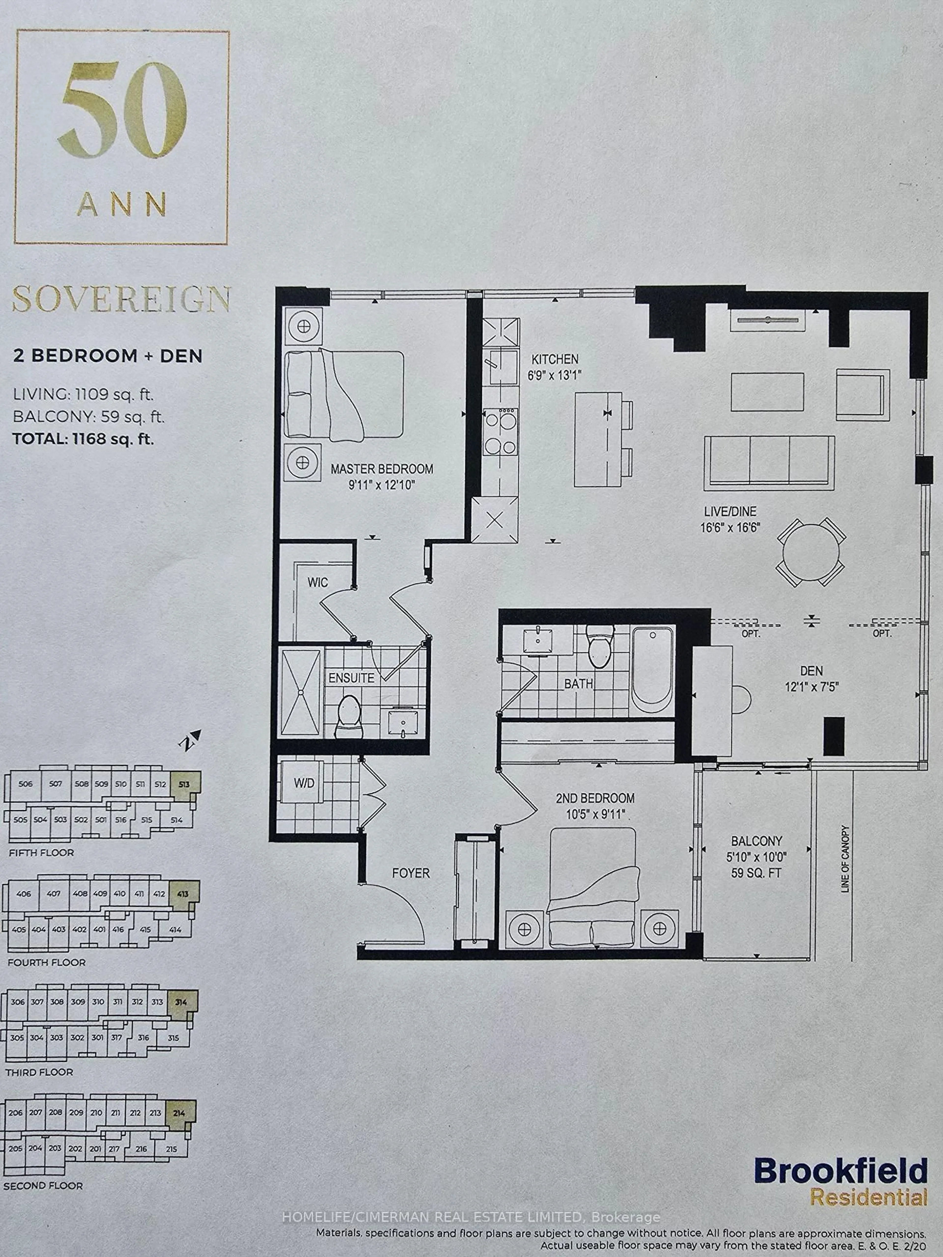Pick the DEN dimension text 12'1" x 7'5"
tap(812, 686)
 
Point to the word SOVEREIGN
tap(121, 299)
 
